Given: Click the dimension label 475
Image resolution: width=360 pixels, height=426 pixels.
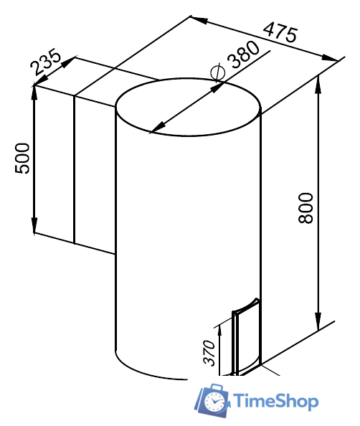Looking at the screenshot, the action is point(280,33).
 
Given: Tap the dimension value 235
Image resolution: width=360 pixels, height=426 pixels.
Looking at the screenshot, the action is point(46,62).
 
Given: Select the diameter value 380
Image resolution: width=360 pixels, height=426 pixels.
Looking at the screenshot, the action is point(244,55).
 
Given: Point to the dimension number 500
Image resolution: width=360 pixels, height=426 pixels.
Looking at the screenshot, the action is point(22,158).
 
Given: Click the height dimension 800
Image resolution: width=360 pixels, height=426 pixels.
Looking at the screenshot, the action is point(305,209).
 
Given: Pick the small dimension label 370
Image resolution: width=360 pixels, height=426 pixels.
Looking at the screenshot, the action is point(209,353).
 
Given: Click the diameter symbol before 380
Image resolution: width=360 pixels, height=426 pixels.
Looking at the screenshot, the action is point(217,72).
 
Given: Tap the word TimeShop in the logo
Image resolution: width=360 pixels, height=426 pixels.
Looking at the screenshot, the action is point(276,402).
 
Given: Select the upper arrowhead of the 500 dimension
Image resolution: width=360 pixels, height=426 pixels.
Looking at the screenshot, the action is point(34,93).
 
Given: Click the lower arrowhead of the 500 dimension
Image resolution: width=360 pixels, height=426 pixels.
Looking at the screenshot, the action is point(34,225).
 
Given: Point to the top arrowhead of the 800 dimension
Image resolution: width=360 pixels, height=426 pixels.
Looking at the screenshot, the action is point(318,85).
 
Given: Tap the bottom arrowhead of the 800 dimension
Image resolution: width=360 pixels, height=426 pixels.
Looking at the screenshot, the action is point(318,323).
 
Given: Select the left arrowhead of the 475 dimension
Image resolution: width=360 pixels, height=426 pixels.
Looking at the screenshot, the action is point(199,19).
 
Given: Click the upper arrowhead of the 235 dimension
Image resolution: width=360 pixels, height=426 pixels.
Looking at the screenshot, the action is point(68,62).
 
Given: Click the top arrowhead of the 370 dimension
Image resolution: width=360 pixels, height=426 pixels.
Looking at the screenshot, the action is point(219,331).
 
